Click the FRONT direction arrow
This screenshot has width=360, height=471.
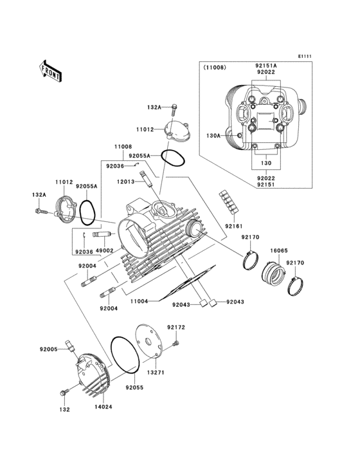[50, 70]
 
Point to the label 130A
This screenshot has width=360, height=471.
[213, 136]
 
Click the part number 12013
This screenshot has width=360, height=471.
[125, 181]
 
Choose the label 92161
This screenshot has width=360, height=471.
[234, 226]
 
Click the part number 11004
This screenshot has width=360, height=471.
[139, 300]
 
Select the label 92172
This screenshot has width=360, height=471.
[176, 328]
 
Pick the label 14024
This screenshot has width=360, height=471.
[102, 407]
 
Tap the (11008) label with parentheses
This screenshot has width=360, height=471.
[215, 66]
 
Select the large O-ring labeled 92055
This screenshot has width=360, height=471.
[125, 355]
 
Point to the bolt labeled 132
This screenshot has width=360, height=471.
[63, 392]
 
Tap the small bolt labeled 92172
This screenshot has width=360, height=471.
[174, 346]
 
